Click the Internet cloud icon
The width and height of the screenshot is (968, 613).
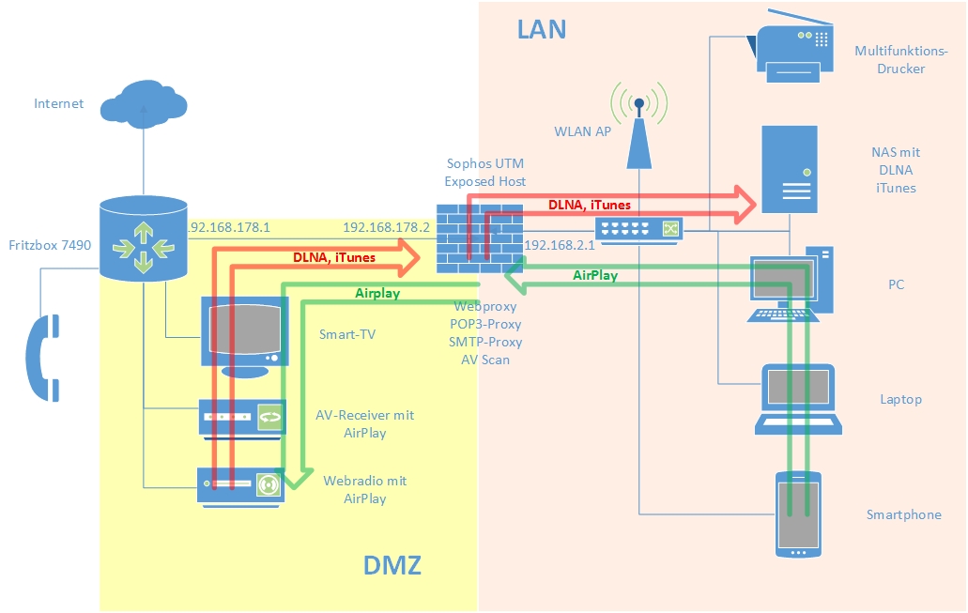[144, 102]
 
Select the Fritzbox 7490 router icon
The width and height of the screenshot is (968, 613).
[144, 238]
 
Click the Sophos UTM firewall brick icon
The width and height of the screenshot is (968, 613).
[467, 239]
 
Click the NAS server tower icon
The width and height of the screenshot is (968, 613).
[789, 169]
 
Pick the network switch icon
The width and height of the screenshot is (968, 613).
[639, 229]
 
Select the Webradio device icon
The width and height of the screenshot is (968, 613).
[240, 485]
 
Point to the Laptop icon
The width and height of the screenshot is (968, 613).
[797, 400]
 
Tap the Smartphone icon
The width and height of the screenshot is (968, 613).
[798, 514]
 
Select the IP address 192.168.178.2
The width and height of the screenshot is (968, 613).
[386, 227]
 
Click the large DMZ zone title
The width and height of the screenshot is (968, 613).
[392, 566]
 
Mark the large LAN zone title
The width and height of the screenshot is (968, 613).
[542, 29]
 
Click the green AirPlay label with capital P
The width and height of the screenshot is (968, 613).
[595, 276]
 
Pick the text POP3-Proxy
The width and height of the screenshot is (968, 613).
[484, 324]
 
